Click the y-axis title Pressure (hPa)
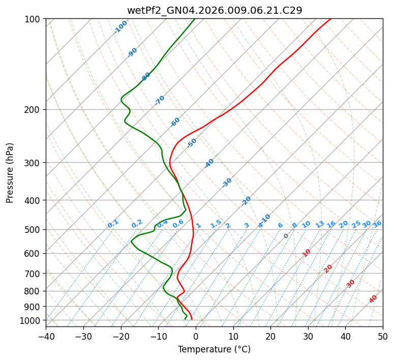click(10, 172)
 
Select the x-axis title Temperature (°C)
click(214, 350)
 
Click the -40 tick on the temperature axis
click(46, 337)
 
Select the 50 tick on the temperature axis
click(383, 337)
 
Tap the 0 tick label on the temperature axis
click(196, 337)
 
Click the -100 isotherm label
click(120, 27)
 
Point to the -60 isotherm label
click(175, 122)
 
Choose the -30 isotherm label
click(227, 183)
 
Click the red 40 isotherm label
click(373, 299)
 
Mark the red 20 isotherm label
click(328, 268)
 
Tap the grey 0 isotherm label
click(286, 236)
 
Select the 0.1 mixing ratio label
click(113, 224)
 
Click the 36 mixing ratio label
click(377, 224)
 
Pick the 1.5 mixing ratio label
click(216, 224)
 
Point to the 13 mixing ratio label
click(320, 224)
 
